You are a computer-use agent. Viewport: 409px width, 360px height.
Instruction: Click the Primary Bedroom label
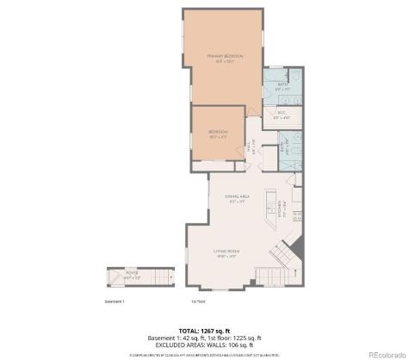click(x=225, y=58)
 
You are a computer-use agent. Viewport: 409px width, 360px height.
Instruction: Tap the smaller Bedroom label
click(x=217, y=133)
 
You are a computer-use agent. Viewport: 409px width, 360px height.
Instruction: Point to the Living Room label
click(x=227, y=251)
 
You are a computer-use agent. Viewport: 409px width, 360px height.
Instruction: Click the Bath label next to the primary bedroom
click(x=280, y=85)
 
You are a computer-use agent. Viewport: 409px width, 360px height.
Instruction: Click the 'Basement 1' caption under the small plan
click(x=115, y=301)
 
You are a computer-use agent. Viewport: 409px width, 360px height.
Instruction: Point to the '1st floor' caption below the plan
click(x=198, y=301)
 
